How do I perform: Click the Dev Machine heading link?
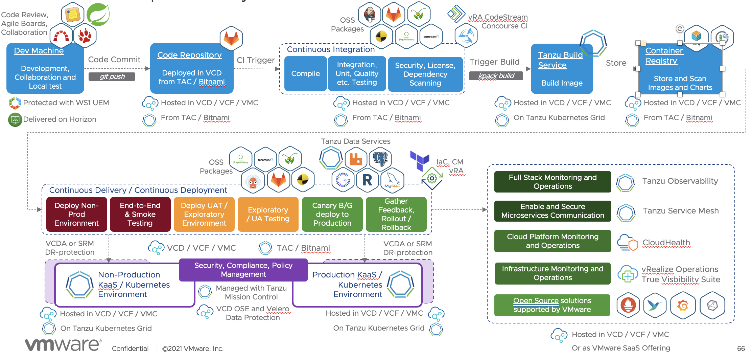point(39,51)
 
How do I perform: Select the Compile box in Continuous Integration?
point(305,74)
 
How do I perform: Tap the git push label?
point(112,77)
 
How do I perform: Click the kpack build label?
point(496,76)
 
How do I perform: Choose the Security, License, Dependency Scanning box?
point(425,74)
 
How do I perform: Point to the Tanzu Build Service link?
point(560,60)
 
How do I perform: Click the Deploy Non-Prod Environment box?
point(77,215)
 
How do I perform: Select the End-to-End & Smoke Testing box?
point(140,215)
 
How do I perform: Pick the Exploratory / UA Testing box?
point(268,215)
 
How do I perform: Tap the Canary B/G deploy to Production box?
point(332,215)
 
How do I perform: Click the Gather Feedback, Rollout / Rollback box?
point(396,215)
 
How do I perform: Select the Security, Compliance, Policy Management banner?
point(243,270)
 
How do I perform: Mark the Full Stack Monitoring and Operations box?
point(553,182)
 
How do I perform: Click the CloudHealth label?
point(666,243)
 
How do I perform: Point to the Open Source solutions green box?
point(552,305)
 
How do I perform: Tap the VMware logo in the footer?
point(63,345)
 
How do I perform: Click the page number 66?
point(741,348)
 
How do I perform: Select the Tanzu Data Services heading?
point(355,141)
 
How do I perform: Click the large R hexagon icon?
point(367,180)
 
